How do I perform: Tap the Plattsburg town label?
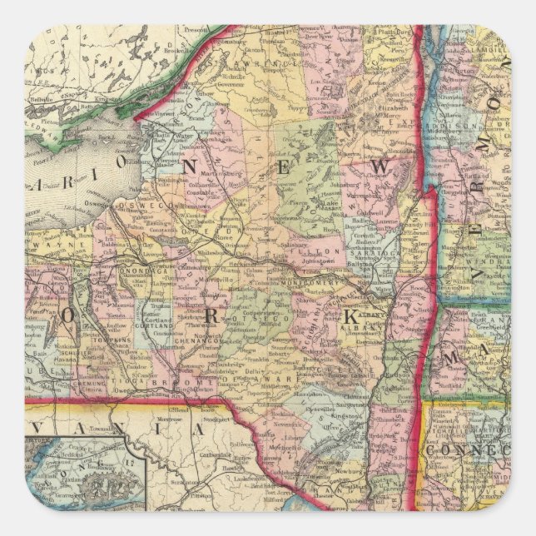pyautogui.click(x=395, y=37)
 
